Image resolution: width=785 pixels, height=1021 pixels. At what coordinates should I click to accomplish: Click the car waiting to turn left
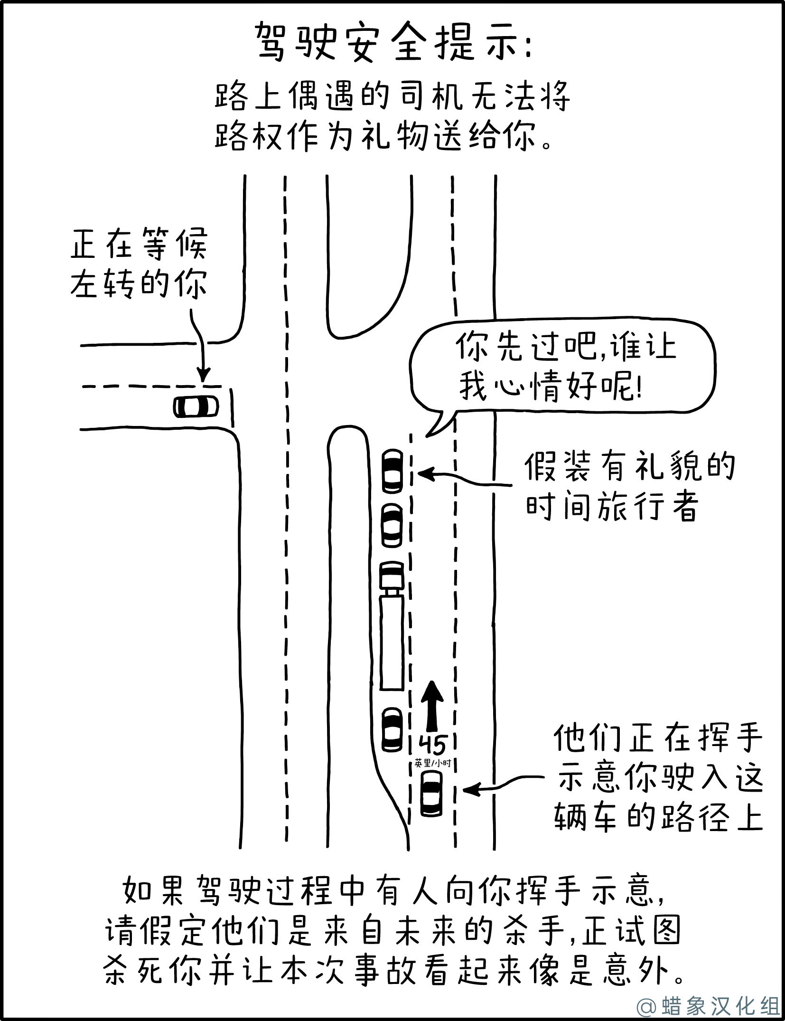[x=196, y=407]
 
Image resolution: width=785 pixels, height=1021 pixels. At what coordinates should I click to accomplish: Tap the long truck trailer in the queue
[x=392, y=643]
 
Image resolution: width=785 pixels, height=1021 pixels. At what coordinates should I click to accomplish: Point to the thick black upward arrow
[x=432, y=706]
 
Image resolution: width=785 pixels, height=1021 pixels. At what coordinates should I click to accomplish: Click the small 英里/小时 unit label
[x=432, y=763]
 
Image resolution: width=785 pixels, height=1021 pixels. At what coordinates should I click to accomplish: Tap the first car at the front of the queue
[x=393, y=471]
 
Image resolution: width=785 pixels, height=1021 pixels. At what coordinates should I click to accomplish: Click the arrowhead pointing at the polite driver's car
[x=426, y=473]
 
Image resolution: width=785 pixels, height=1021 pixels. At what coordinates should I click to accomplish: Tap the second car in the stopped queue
[x=392, y=525]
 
